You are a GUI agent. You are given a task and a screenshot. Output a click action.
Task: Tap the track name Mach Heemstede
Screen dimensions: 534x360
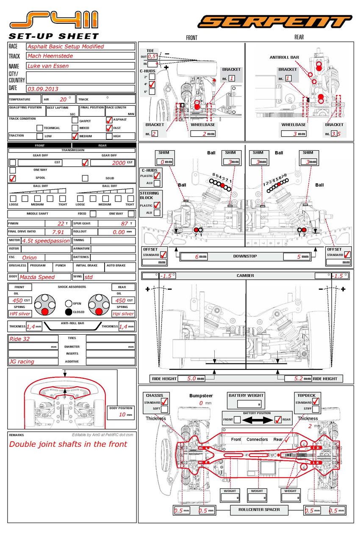[x=50, y=56]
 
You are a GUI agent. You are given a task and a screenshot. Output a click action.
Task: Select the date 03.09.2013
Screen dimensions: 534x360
[x=43, y=89]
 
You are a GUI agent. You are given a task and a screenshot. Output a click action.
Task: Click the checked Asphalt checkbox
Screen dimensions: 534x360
[x=109, y=120]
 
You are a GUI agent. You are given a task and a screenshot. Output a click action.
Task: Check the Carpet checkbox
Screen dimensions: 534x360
[x=75, y=120]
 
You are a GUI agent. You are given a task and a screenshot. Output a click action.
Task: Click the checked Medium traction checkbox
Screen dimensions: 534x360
[x=75, y=136]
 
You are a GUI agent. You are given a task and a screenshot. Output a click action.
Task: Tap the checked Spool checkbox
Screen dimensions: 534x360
[x=13, y=178]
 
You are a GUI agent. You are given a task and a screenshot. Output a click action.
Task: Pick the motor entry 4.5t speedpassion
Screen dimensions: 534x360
[x=46, y=240]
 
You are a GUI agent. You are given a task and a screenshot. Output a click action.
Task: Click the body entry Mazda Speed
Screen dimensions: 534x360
[x=37, y=277]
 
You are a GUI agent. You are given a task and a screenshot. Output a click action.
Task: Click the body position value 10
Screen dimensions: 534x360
[x=122, y=415]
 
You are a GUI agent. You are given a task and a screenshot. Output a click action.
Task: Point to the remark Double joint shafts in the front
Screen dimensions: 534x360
[x=68, y=444]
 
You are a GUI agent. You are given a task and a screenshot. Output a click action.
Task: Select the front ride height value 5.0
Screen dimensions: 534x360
[x=191, y=379]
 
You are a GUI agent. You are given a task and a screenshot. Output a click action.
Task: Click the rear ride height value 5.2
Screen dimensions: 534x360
[x=305, y=379]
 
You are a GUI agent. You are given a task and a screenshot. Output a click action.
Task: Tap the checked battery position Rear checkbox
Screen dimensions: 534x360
[x=278, y=420]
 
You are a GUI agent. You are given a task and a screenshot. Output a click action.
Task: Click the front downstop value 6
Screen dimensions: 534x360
[x=197, y=256]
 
